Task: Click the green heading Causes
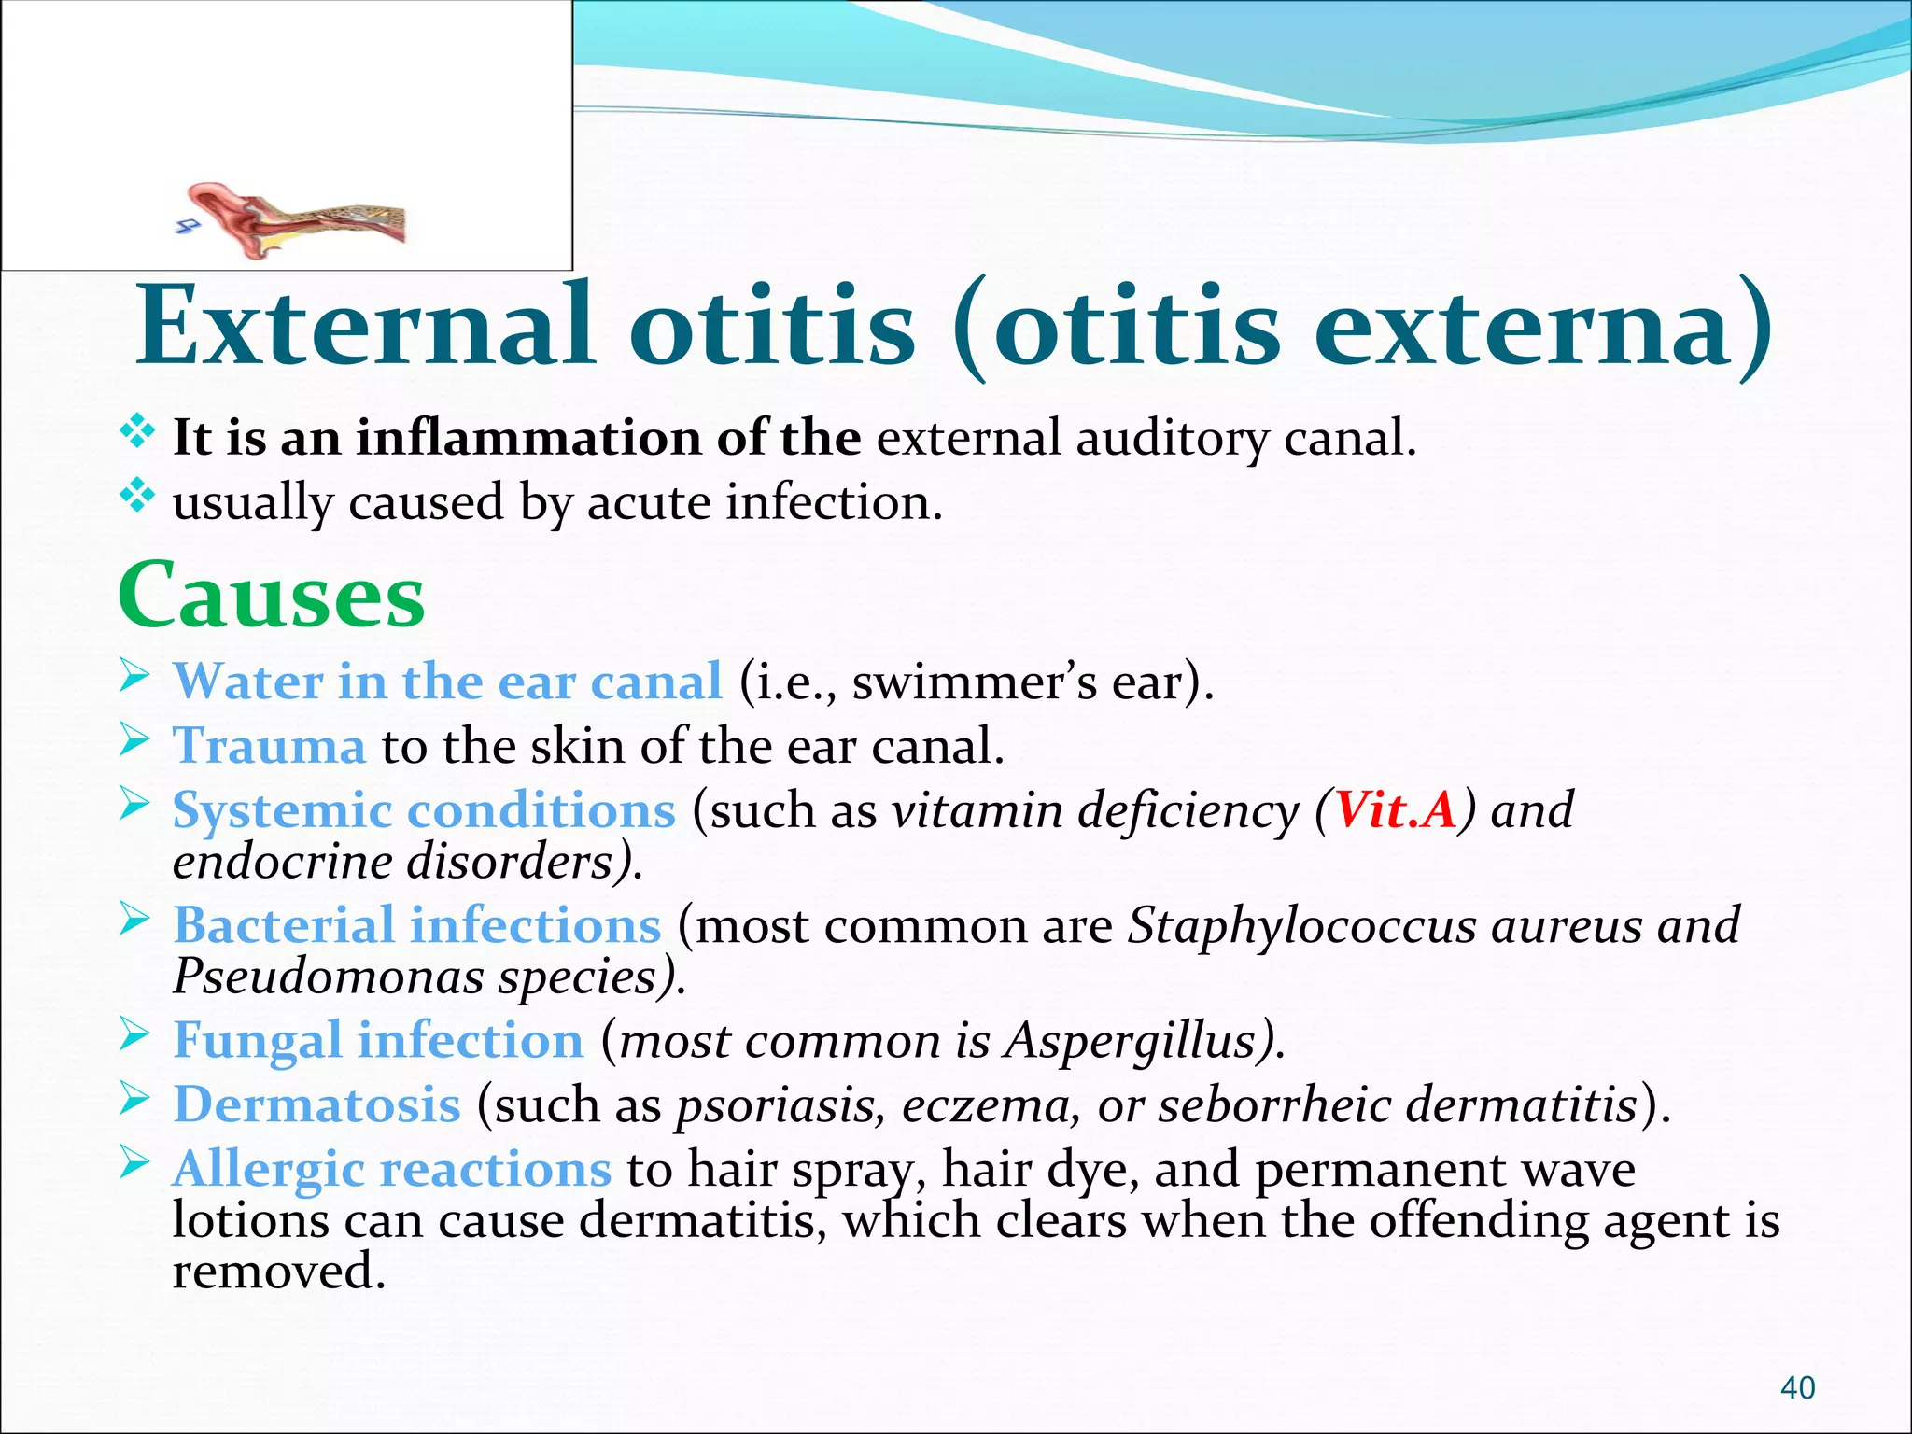(271, 596)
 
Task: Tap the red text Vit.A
(1395, 809)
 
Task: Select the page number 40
(1797, 1388)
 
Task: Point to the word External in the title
(364, 327)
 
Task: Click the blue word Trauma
(269, 746)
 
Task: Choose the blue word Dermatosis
(316, 1104)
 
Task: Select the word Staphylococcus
(1302, 925)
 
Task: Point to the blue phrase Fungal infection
(378, 1040)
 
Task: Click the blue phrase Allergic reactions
(391, 1169)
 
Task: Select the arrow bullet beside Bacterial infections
(135, 921)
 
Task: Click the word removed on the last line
(278, 1272)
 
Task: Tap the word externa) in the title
(1545, 327)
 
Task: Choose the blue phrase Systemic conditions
(424, 809)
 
